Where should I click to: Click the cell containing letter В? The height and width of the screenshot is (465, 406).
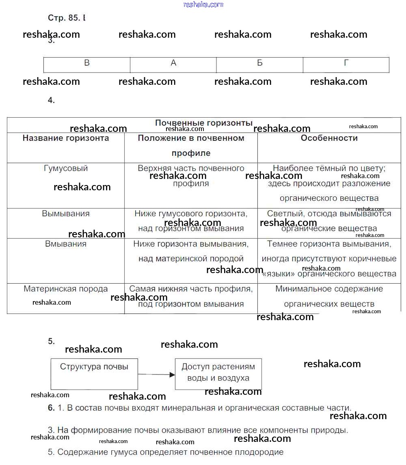tap(87, 63)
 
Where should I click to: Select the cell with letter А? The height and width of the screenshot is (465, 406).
tap(173, 63)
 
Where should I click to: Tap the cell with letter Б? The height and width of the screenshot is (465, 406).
tap(260, 63)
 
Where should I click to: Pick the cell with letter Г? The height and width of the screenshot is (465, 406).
tap(346, 63)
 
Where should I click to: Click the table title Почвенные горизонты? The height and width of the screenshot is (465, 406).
tap(204, 123)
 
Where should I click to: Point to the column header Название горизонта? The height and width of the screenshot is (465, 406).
tap(66, 138)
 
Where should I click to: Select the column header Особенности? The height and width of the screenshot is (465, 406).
tap(329, 138)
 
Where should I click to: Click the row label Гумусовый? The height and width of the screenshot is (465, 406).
tap(66, 168)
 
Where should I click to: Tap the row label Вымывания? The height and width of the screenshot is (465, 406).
tap(66, 213)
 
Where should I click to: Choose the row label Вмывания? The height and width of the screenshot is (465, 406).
tap(66, 244)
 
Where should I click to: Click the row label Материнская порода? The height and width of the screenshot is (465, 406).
tap(66, 289)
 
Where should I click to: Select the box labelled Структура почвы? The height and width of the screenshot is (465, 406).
tap(94, 367)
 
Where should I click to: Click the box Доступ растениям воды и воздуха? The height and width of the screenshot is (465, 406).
tap(218, 372)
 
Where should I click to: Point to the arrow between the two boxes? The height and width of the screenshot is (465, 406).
tap(156, 375)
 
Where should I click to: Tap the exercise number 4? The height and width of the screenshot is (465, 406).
tap(51, 101)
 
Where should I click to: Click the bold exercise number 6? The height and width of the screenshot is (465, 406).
tap(51, 408)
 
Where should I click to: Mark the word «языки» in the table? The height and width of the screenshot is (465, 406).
tap(279, 274)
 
